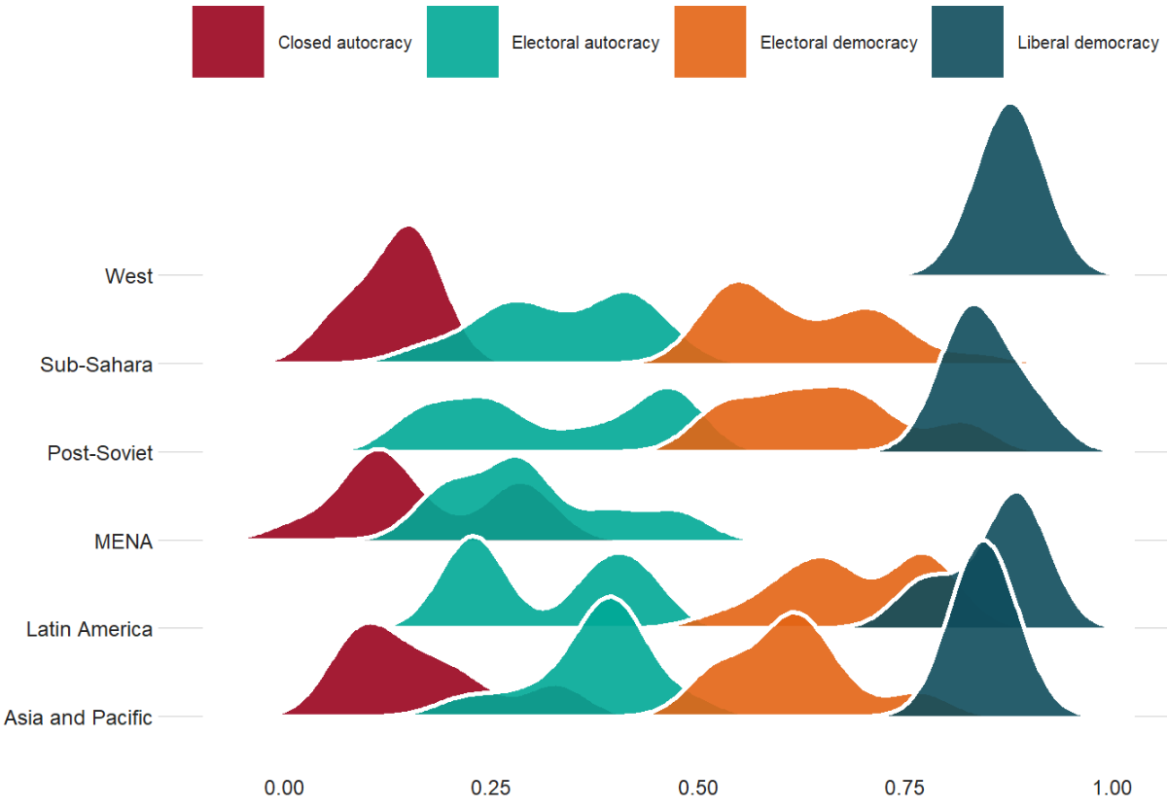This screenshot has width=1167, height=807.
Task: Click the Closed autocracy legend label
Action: [x=344, y=43]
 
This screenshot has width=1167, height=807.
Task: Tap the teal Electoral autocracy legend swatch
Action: [x=463, y=42]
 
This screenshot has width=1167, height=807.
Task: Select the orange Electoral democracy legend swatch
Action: [x=710, y=42]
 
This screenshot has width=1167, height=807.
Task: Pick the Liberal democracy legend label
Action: [x=1087, y=43]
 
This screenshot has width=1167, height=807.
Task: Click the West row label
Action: [x=129, y=276]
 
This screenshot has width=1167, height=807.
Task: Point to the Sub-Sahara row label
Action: [x=96, y=365]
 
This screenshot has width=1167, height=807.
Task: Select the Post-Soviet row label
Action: [x=100, y=453]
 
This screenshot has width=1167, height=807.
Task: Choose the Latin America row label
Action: [x=89, y=630]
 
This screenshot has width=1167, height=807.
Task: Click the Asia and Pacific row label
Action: [x=78, y=719]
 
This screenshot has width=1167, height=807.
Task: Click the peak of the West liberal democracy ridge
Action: [x=1011, y=107]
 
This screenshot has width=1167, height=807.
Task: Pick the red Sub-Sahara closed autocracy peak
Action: [x=409, y=229]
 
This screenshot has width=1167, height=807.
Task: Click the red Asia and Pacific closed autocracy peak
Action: [x=368, y=627]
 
